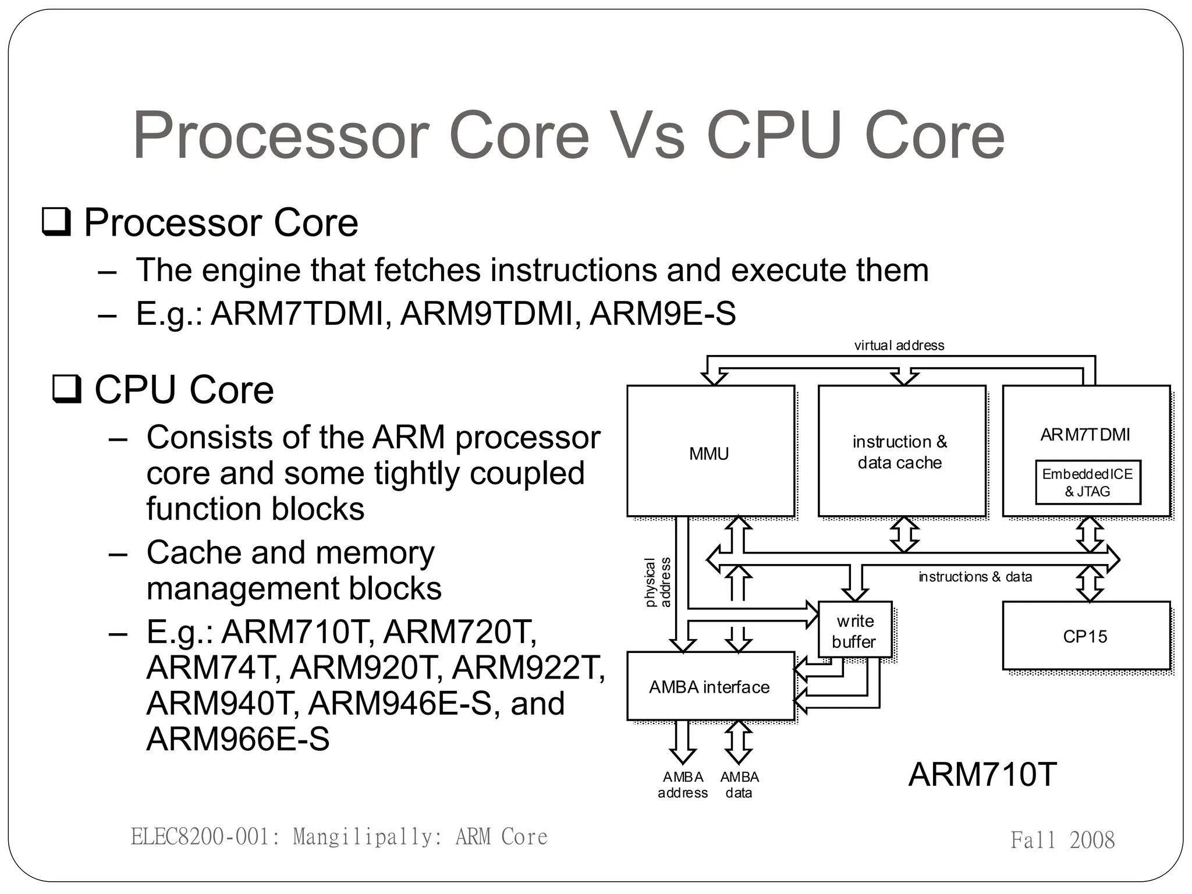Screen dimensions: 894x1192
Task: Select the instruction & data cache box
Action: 901,451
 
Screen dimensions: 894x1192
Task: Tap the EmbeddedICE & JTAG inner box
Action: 1087,483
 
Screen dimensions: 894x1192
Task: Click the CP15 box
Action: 1085,636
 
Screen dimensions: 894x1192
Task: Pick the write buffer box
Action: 854,631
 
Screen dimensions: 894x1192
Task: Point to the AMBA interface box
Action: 710,687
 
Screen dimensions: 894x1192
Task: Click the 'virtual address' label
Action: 899,345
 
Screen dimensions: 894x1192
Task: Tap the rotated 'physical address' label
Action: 658,583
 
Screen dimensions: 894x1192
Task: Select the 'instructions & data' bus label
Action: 975,577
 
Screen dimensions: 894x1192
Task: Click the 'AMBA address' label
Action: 683,785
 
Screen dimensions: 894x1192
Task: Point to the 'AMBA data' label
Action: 739,785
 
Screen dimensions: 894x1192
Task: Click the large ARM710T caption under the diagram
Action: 982,775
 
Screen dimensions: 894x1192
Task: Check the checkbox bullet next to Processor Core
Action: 56,222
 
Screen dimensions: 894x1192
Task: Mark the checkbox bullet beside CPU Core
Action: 67,389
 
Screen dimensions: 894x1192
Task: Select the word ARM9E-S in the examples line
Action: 662,314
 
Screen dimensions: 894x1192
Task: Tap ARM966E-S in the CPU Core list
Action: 237,739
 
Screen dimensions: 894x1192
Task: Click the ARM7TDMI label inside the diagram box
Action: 1085,435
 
